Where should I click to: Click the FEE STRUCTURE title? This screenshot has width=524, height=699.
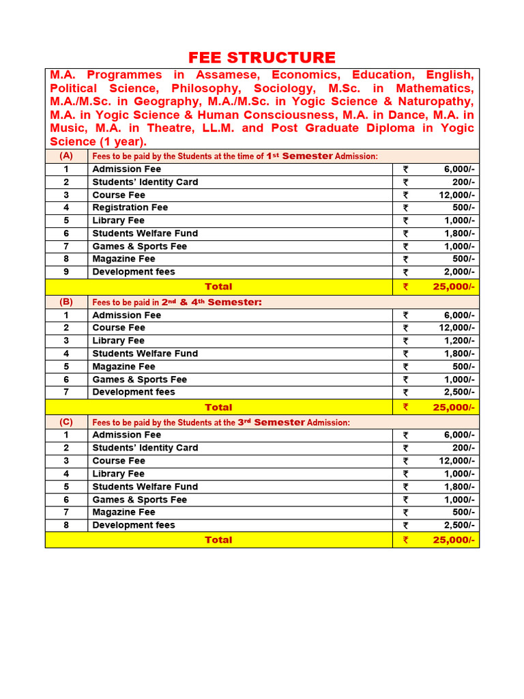[x=262, y=57]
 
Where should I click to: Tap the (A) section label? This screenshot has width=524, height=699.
[x=66, y=156]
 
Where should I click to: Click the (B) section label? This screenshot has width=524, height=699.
[x=66, y=302]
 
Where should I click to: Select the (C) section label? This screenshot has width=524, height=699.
[x=66, y=422]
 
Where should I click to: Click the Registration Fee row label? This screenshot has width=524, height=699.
[x=130, y=208]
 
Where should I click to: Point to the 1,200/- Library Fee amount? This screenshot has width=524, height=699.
[x=456, y=341]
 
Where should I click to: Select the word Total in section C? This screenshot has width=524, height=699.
[x=218, y=540]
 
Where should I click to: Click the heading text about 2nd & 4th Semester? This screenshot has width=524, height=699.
[x=177, y=302]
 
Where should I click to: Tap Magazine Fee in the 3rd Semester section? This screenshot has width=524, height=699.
[x=124, y=512]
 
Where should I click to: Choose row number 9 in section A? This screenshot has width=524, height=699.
[x=66, y=272]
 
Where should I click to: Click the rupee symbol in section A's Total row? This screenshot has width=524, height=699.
[x=405, y=287]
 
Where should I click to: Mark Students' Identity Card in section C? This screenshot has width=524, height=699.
[x=145, y=448]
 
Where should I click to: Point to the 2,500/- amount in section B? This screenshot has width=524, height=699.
[x=456, y=393]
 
